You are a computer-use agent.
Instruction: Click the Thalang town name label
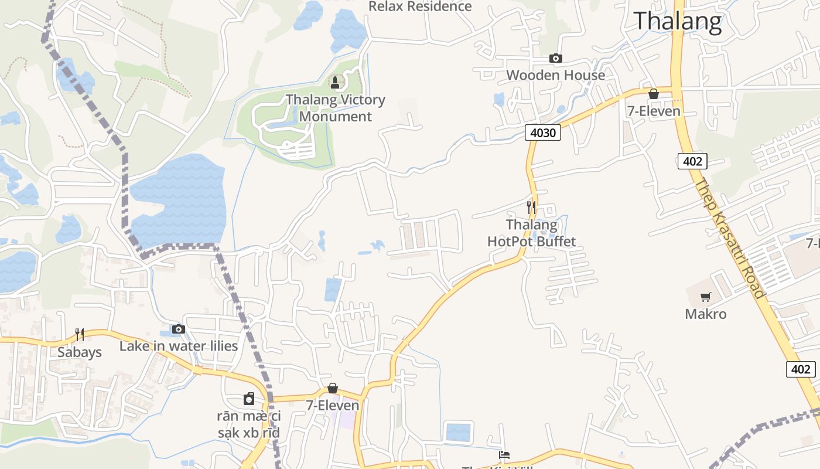click(678, 21)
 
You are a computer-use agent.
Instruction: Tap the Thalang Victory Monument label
click(335, 108)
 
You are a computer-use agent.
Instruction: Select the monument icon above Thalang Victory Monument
click(335, 83)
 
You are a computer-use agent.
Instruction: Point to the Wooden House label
click(555, 75)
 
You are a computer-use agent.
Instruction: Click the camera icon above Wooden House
click(555, 58)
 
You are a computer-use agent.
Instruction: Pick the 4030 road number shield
click(542, 133)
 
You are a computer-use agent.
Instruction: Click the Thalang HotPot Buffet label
click(532, 233)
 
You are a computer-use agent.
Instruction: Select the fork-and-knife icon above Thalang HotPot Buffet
click(531, 207)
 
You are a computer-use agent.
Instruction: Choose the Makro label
click(706, 314)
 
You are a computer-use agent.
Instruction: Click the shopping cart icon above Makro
click(706, 297)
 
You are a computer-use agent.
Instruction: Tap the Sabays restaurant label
click(80, 352)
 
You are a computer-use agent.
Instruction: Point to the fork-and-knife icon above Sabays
click(80, 335)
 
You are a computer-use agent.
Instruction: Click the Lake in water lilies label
click(179, 346)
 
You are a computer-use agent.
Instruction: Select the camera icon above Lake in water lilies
click(179, 329)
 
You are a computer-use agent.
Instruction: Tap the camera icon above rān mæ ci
click(249, 399)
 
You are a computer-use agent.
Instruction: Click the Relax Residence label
click(420, 6)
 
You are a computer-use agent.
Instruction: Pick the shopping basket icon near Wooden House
click(654, 94)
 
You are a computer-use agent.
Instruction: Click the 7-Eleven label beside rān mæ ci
click(333, 405)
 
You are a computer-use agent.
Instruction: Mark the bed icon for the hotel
click(504, 454)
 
